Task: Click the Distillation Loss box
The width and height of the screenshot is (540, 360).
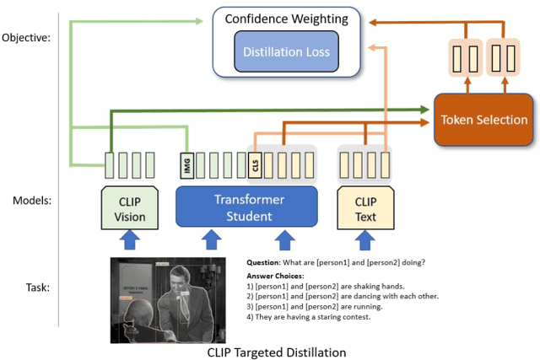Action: [286, 52]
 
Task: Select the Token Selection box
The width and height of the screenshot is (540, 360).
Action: [483, 120]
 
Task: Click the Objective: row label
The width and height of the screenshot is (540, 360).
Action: [27, 38]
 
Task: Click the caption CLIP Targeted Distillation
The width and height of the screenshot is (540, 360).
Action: [276, 352]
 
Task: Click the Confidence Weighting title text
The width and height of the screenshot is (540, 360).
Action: [286, 19]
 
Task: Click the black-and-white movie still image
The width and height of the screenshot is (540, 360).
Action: [174, 299]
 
